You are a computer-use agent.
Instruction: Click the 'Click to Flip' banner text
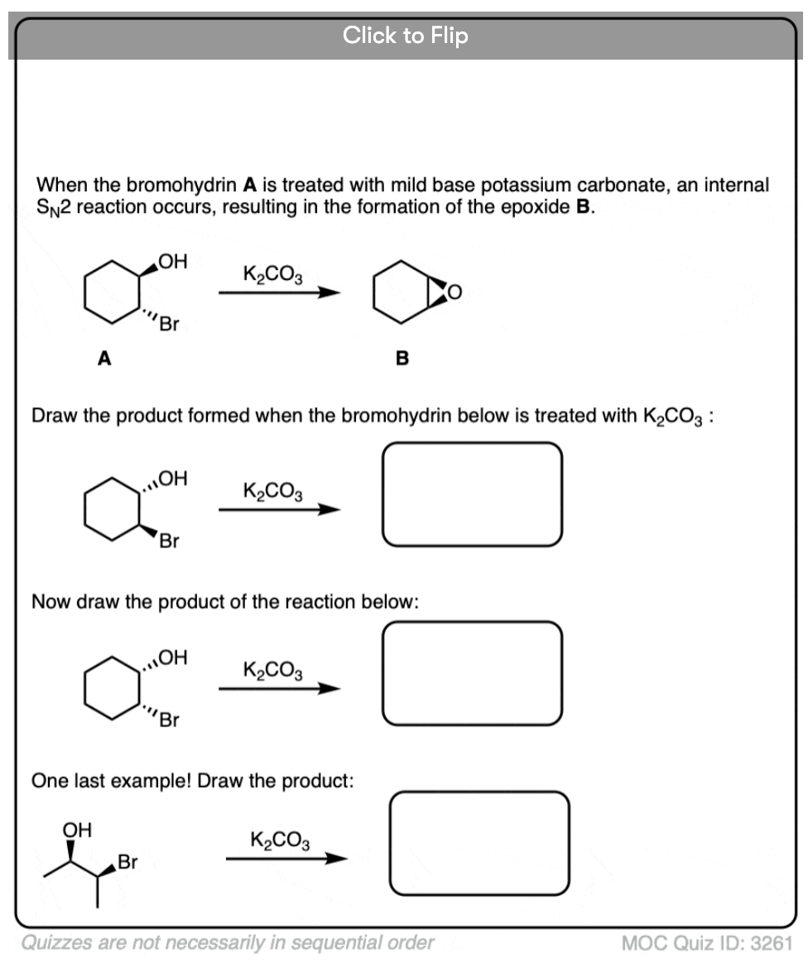[x=405, y=36]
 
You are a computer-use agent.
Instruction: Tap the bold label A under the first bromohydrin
[x=103, y=358]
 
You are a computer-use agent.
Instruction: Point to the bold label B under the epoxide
[x=402, y=358]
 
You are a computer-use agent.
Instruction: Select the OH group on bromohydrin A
[x=172, y=263]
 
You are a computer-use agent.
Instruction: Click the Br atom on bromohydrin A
[x=169, y=324]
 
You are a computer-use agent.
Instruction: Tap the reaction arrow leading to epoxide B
[x=279, y=292]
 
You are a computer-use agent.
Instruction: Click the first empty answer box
[x=472, y=494]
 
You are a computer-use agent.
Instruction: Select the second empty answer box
[x=472, y=672]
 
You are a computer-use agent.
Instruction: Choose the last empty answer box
[x=479, y=843]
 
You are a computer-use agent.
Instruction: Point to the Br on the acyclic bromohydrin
[x=128, y=862]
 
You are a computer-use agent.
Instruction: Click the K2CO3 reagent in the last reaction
[x=280, y=839]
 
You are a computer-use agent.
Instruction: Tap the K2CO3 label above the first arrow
[x=272, y=272]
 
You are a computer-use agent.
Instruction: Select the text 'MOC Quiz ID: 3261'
[x=707, y=942]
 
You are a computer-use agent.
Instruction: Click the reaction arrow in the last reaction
[x=286, y=859]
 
